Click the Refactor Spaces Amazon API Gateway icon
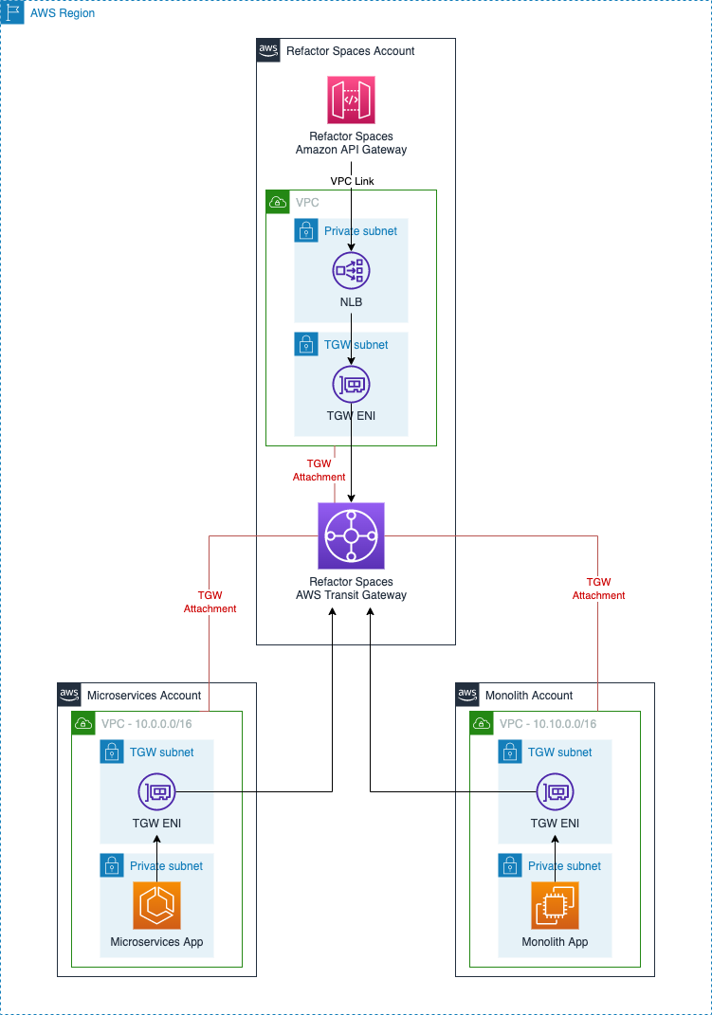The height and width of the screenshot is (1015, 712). coord(351,100)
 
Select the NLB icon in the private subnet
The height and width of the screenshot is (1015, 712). coord(351,271)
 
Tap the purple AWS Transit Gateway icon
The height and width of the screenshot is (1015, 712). coord(351,535)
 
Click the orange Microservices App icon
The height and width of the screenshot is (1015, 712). coord(156,905)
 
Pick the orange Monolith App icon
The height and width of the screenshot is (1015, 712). coord(555,905)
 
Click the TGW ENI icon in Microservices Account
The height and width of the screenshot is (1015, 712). coord(156,791)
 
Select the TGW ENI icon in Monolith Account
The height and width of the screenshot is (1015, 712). coord(555,791)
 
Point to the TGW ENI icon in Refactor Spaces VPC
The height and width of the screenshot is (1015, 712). coord(351,385)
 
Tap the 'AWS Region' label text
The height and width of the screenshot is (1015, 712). coord(63,14)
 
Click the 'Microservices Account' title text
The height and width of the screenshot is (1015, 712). coord(143,695)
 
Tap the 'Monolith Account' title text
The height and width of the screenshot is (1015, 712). coord(529,695)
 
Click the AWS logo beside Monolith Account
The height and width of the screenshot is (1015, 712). coord(467,694)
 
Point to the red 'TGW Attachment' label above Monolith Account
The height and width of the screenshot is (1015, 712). coord(598,589)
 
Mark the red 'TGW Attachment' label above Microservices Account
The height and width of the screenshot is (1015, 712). coord(210,602)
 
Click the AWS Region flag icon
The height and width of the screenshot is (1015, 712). coord(14,14)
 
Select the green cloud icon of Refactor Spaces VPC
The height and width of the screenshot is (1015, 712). coord(278,202)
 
